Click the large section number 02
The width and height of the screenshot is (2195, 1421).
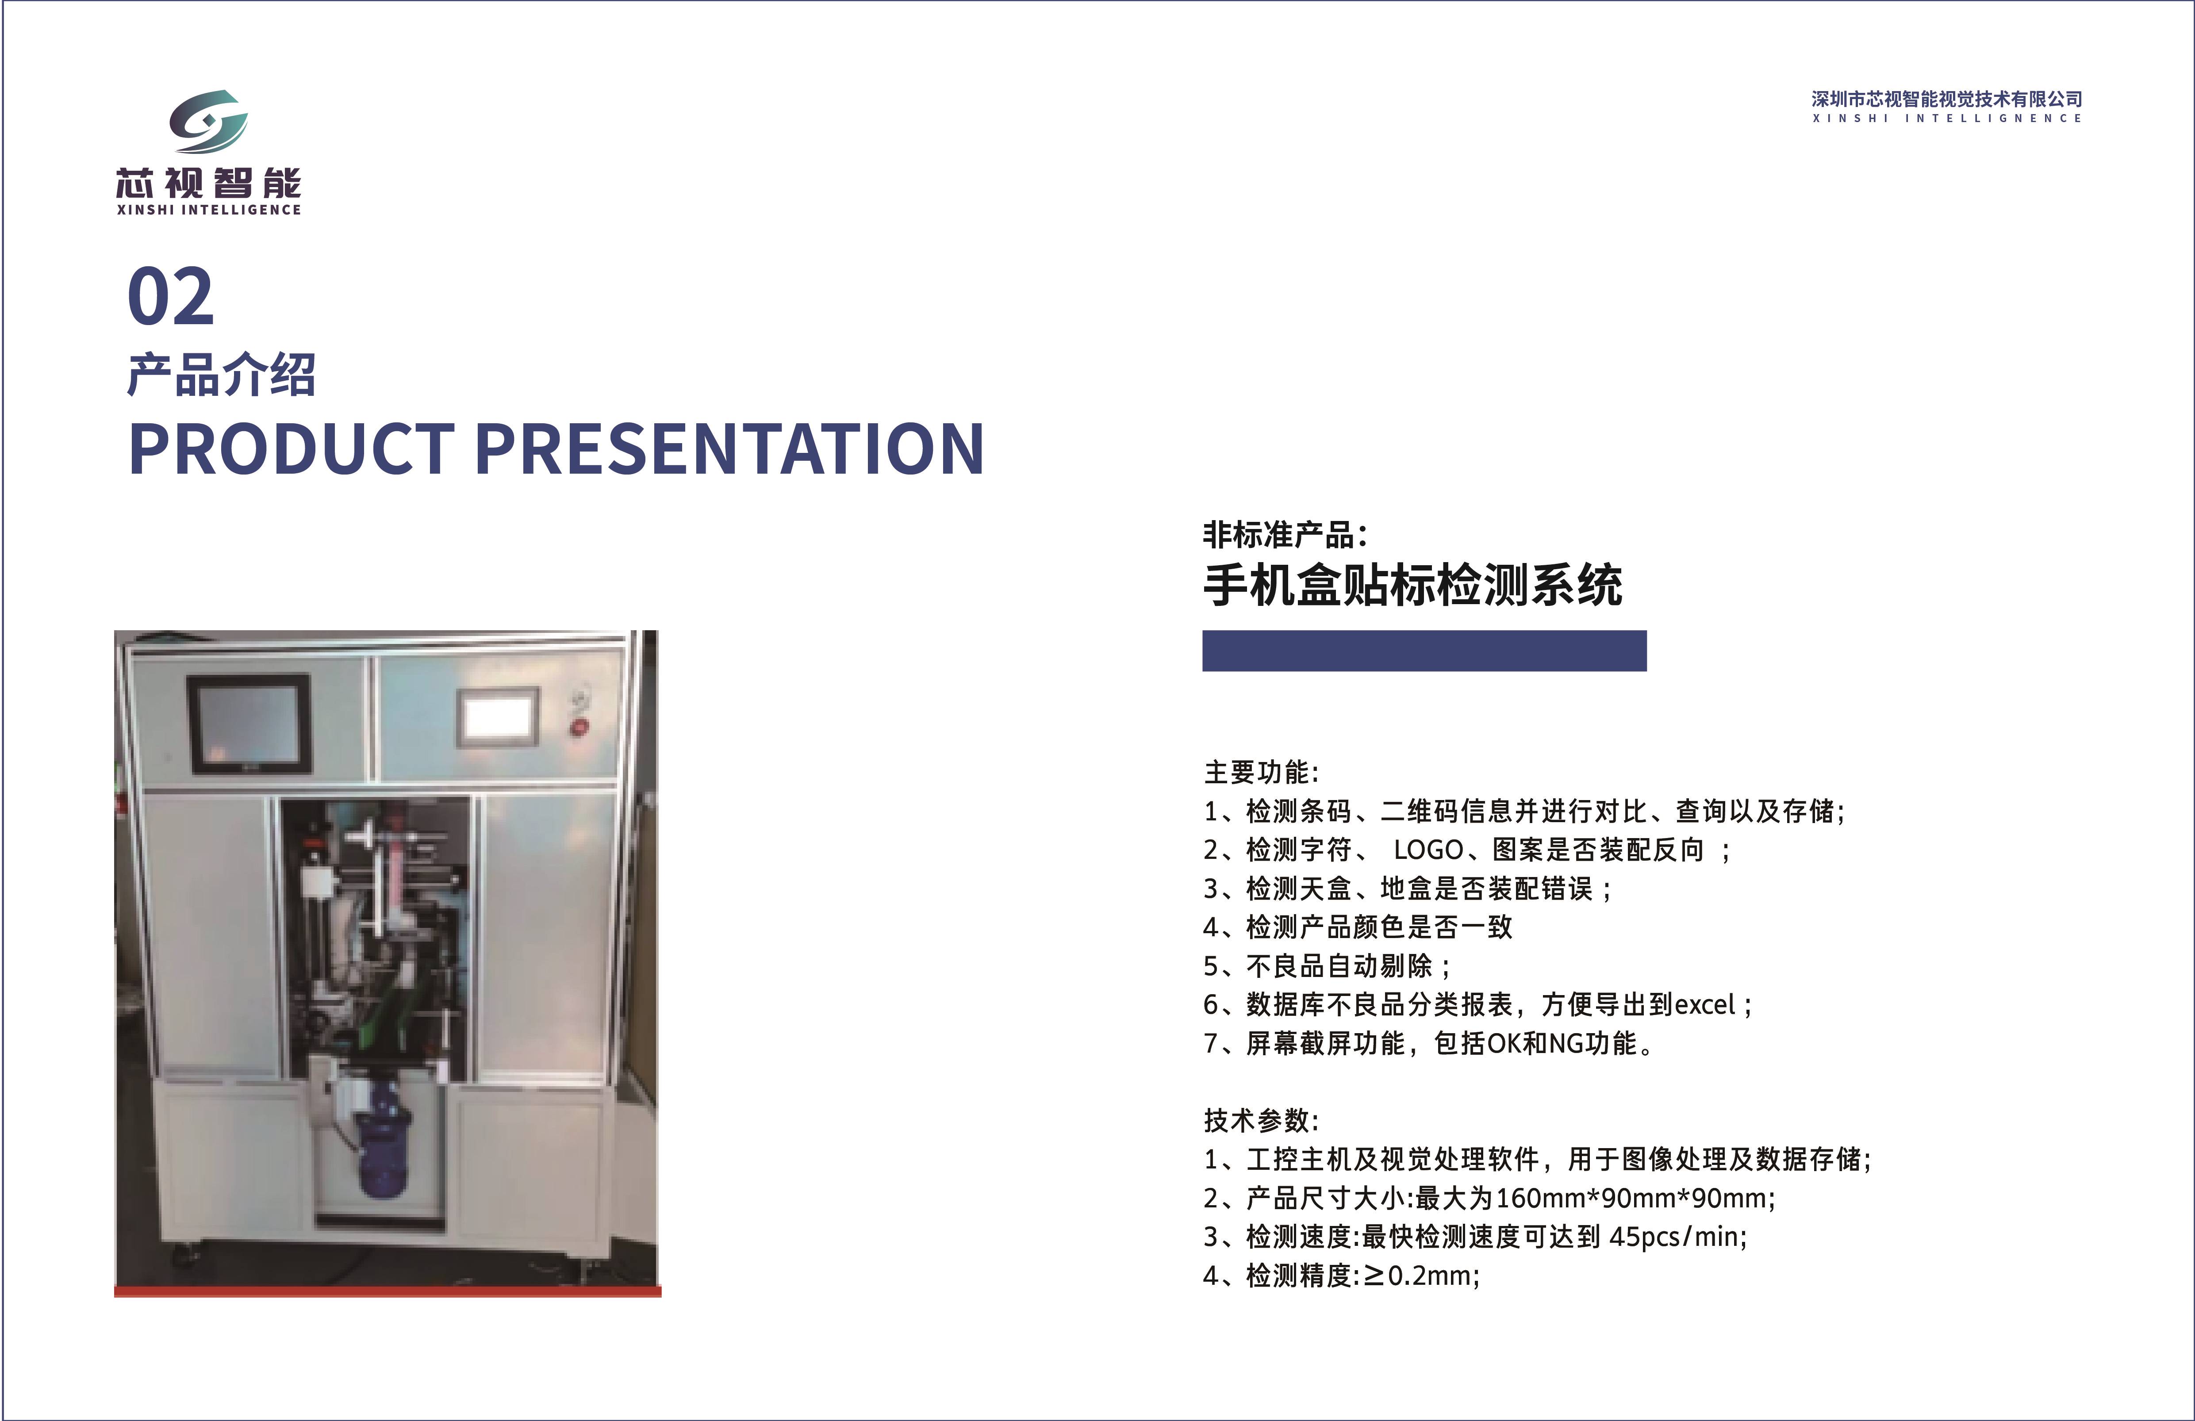[x=171, y=297]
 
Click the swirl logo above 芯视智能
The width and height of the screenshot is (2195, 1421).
[x=208, y=121]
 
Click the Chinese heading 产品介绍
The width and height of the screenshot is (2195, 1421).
[x=221, y=375]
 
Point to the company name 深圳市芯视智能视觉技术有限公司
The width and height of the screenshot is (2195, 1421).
[x=1946, y=99]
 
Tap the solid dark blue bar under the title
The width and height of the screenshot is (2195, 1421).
[x=1424, y=651]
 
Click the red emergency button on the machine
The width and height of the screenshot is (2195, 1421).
[x=578, y=727]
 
